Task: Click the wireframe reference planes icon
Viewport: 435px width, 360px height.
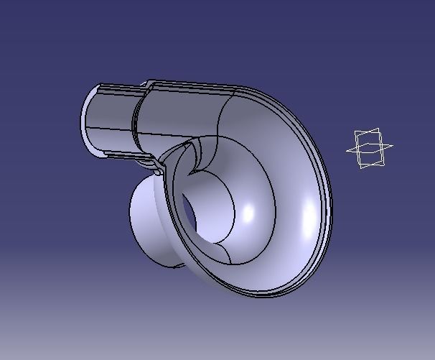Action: [369, 149]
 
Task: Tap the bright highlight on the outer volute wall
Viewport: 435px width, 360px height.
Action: [311, 216]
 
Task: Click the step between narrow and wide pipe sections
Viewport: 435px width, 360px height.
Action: [136, 119]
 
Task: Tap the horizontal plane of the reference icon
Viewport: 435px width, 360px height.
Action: [370, 149]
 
